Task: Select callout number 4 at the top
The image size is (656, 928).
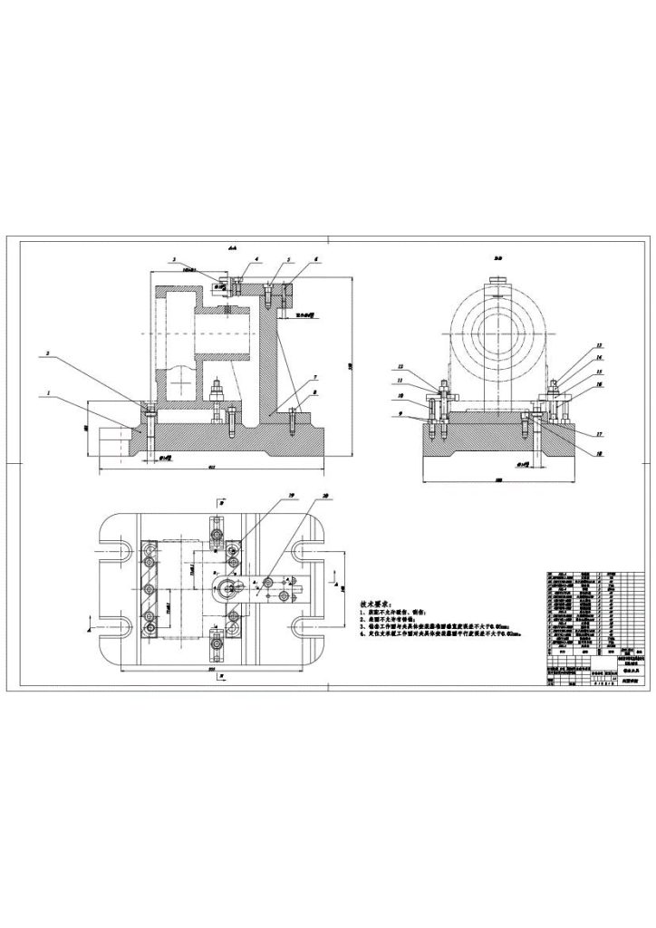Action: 256,258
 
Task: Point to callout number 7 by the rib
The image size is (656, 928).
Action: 314,375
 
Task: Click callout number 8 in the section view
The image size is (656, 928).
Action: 314,393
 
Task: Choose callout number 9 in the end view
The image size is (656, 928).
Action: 400,415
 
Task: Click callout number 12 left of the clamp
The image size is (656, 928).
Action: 400,367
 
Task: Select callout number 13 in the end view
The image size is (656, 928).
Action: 599,346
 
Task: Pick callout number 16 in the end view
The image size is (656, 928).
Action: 599,384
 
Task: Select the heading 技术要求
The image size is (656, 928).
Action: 376,603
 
